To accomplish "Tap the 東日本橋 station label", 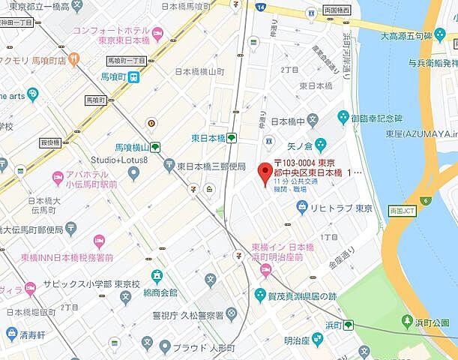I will pyautogui.click(x=208, y=138).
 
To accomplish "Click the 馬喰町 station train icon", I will pyautogui.click(x=133, y=76).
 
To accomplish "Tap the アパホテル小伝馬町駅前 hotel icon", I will pyautogui.click(x=58, y=178).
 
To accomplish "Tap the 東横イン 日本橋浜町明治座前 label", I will pyautogui.click(x=283, y=252).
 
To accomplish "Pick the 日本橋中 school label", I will pyautogui.click(x=288, y=121).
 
